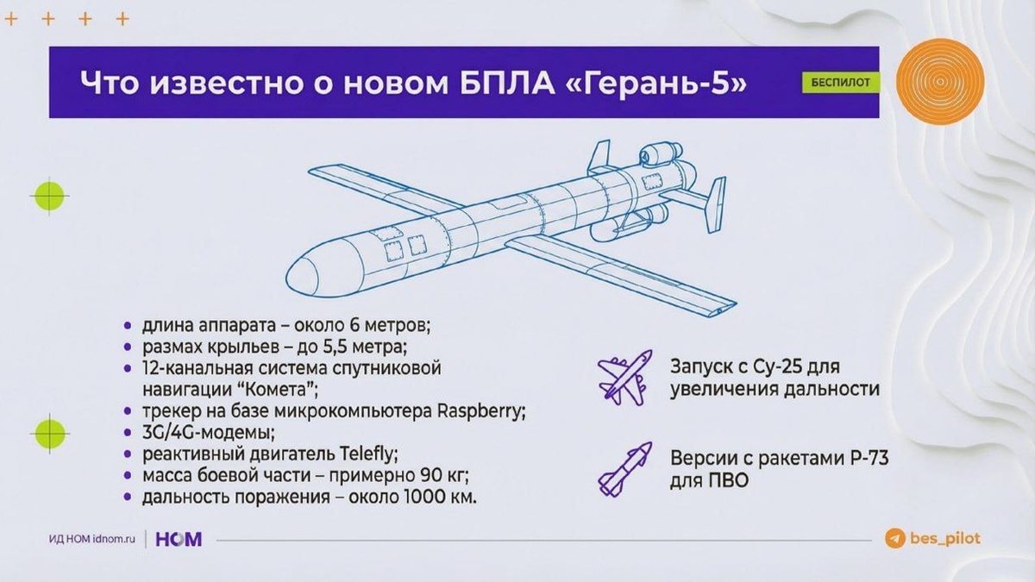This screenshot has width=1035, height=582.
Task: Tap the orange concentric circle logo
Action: click(x=940, y=84)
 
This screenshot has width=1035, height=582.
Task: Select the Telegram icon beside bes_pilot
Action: click(x=894, y=538)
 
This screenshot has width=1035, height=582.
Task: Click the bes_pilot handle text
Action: click(x=944, y=539)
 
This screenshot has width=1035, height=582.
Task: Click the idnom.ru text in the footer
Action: click(x=114, y=540)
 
